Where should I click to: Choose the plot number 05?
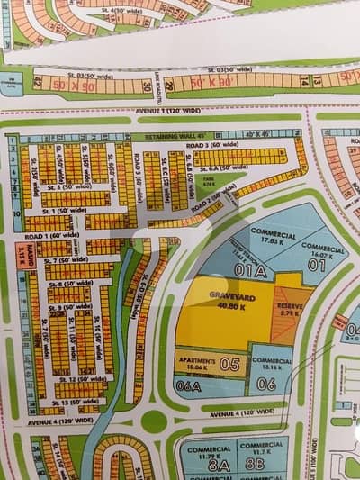pos(229,364)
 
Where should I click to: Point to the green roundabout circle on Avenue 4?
pos(154,421)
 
